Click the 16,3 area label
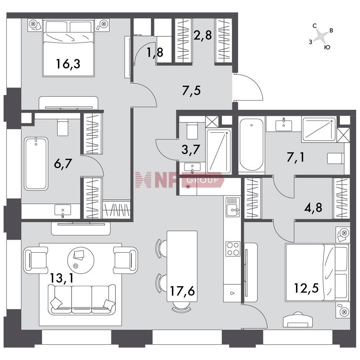pyautogui.click(x=68, y=64)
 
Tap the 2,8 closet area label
pyautogui.click(x=202, y=35)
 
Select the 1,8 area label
pyautogui.click(x=155, y=53)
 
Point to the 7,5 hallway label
pyautogui.click(x=191, y=90)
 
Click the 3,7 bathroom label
pyautogui.click(x=191, y=149)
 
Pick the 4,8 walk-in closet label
pyautogui.click(x=313, y=208)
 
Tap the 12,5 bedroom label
pyautogui.click(x=306, y=288)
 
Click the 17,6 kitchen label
pyautogui.click(x=182, y=291)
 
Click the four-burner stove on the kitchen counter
pyautogui.click(x=233, y=249)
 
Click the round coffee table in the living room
pyautogui.click(x=81, y=260)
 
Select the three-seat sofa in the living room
pyautogui.click(x=82, y=299)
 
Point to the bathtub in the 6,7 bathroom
pyautogui.click(x=36, y=164)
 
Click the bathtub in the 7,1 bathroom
pyautogui.click(x=252, y=145)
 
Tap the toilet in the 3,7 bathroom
pyautogui.click(x=192, y=131)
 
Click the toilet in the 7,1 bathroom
pyautogui.click(x=336, y=158)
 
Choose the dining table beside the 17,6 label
pyautogui.click(x=182, y=266)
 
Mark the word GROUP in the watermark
pyautogui.click(x=202, y=180)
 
